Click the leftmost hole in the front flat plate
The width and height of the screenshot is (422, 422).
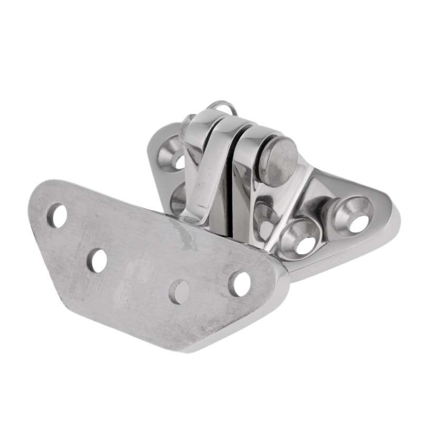click(x=57, y=216)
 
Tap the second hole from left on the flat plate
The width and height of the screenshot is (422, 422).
click(x=97, y=260)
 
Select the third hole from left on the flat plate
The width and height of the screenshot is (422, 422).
click(x=179, y=291)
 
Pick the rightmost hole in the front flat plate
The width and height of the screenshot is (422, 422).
click(x=240, y=283)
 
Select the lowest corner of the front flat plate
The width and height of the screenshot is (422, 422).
click(x=187, y=348)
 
